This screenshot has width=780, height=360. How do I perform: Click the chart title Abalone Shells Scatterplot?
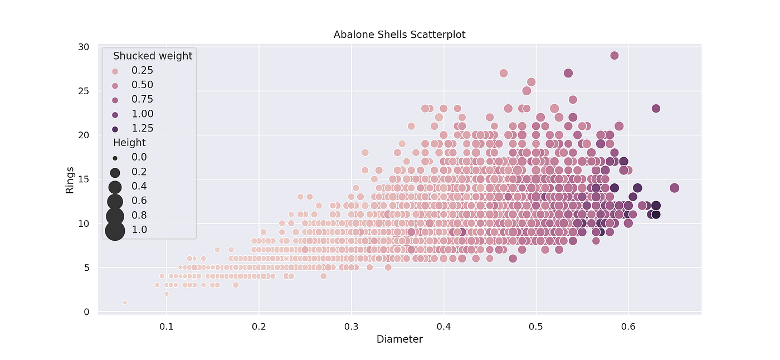(399, 35)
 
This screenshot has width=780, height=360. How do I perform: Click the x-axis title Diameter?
(399, 339)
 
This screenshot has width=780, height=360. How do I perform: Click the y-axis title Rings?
(70, 179)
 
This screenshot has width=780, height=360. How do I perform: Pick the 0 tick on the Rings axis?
(86, 312)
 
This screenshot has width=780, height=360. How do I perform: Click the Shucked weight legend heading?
(153, 56)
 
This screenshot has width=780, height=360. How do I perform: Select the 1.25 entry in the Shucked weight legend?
(142, 128)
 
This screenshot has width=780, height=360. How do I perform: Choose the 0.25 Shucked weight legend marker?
(115, 71)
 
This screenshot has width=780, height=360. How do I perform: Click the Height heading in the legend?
(129, 143)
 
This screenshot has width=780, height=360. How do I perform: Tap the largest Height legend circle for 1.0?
(115, 230)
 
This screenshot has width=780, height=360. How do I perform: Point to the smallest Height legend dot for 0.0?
(115, 158)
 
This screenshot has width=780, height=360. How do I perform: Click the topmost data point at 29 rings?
(615, 55)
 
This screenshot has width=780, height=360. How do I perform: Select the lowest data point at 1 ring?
(125, 303)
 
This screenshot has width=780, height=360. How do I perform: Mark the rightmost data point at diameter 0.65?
(674, 188)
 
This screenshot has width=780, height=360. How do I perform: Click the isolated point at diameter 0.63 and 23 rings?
(656, 108)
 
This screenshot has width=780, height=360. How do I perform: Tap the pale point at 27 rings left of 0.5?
(504, 73)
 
